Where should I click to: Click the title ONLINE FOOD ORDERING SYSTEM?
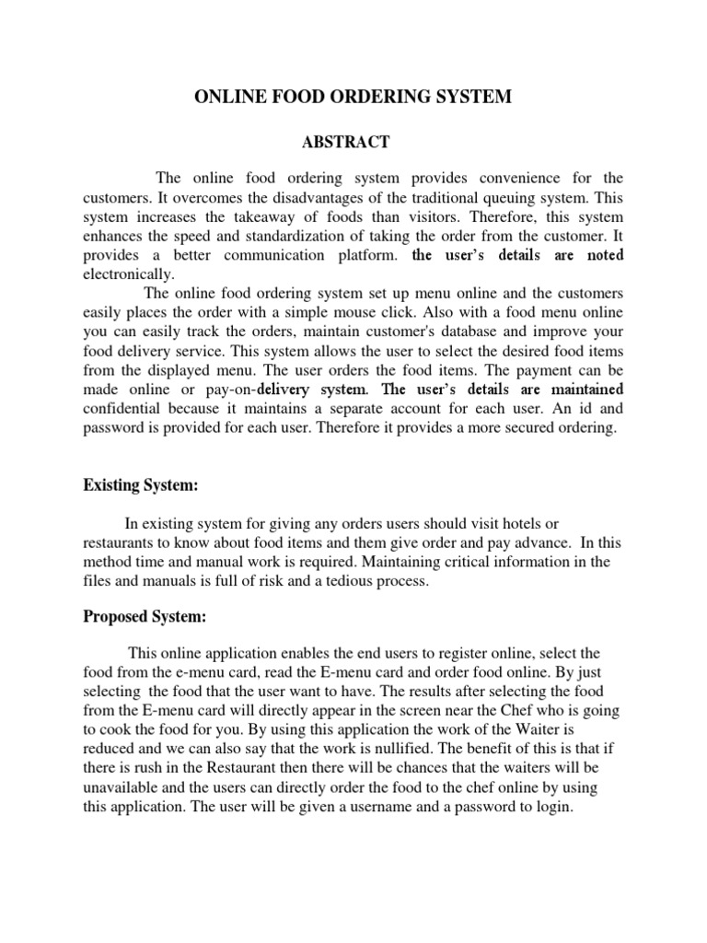(353, 98)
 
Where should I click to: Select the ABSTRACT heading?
(347, 142)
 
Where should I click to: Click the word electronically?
(128, 274)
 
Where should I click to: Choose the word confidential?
(126, 409)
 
